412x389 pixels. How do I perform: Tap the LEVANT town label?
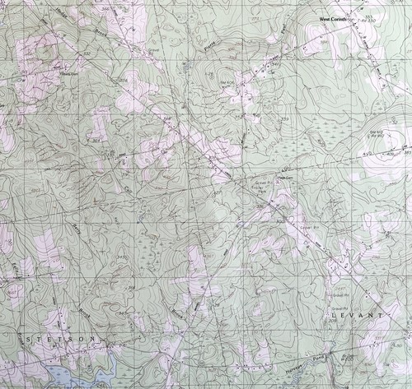pos(355,316)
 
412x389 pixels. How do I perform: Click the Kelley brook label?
pos(16,272)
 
